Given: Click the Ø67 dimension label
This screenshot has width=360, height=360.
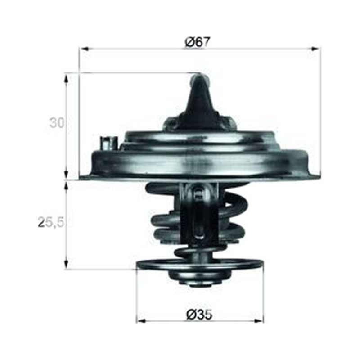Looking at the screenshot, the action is [x=198, y=42].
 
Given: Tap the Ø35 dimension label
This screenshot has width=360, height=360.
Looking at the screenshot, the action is [x=199, y=314].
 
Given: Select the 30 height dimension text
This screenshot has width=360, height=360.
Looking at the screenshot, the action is [x=57, y=123].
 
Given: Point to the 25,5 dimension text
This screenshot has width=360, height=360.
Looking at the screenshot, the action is [x=51, y=222].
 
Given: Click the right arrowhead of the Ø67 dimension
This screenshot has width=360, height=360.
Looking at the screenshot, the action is [x=315, y=49].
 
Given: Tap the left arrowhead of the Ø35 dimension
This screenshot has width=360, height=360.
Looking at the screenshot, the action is [x=142, y=321].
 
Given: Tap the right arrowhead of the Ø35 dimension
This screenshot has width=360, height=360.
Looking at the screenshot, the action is [x=258, y=321].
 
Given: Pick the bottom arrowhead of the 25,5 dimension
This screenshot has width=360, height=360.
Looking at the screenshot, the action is [x=66, y=265].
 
